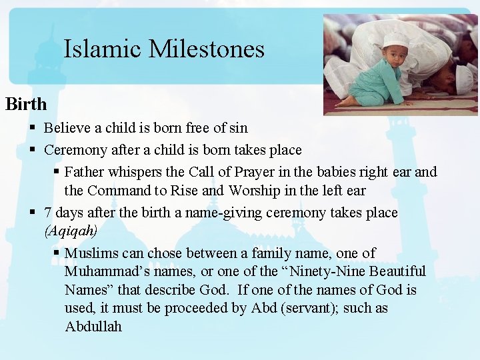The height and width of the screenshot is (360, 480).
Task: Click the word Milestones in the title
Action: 207,49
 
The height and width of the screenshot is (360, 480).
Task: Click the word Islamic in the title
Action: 103,49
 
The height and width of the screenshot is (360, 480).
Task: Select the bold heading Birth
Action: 26,104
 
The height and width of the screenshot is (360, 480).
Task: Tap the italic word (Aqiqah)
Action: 71,231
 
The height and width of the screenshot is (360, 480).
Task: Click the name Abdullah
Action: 93,327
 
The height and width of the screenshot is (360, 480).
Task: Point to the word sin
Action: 237,128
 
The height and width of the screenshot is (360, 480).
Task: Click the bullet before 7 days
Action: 33,214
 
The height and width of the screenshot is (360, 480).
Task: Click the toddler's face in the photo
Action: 396,53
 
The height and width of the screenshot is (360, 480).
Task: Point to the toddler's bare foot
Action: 347,101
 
